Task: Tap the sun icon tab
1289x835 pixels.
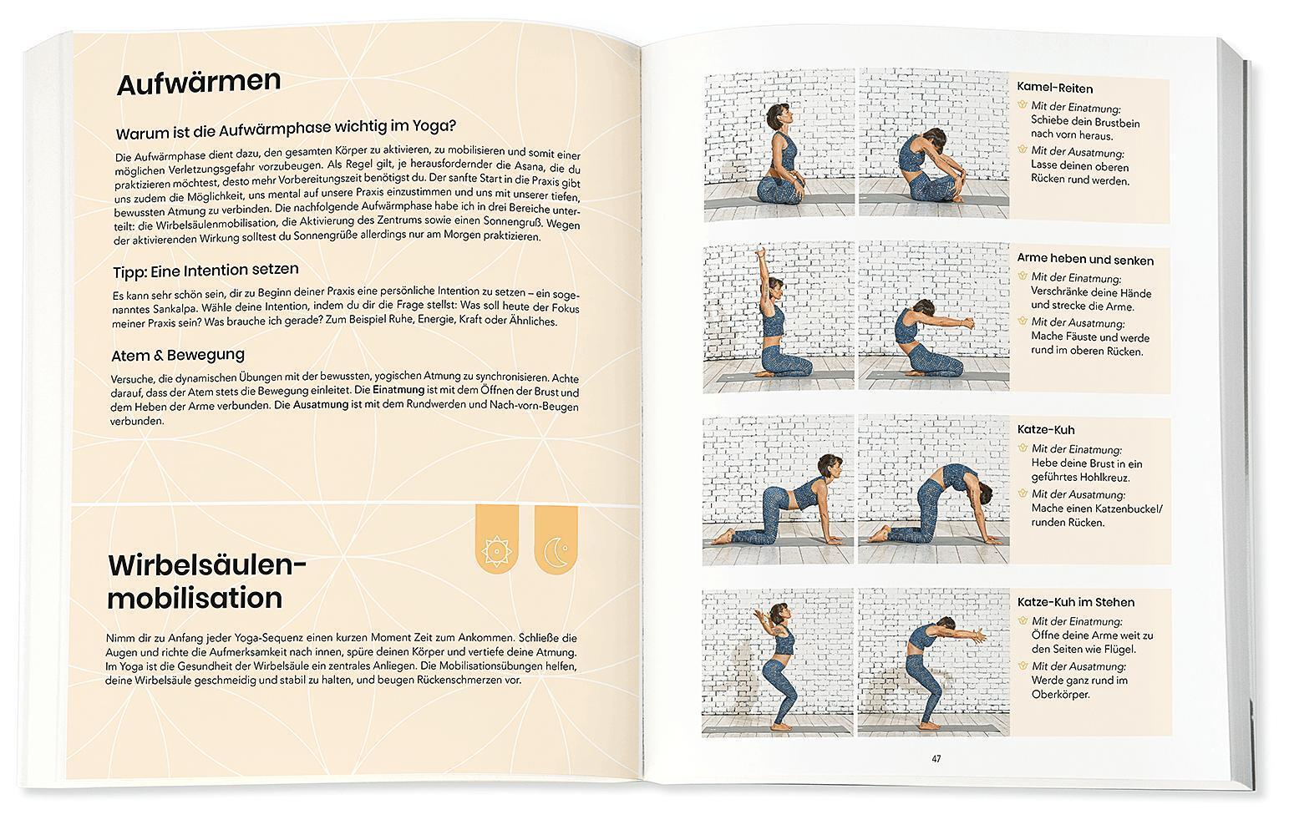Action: [x=496, y=539]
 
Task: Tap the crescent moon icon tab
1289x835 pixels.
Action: [x=556, y=539]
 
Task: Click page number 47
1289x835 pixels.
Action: [x=936, y=759]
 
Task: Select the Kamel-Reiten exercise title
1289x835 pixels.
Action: [x=1055, y=88]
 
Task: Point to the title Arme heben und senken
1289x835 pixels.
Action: [x=1085, y=260]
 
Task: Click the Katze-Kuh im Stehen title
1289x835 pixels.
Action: [x=1076, y=602]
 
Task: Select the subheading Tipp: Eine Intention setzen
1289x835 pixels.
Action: [x=206, y=271]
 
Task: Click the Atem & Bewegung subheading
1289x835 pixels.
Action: [x=178, y=355]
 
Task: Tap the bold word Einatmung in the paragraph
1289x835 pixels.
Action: [x=398, y=390]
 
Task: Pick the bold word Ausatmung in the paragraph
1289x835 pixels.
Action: [x=321, y=404]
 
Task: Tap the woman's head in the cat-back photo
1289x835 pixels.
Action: [x=983, y=493]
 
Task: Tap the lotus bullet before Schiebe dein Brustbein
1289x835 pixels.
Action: [x=1023, y=104]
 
